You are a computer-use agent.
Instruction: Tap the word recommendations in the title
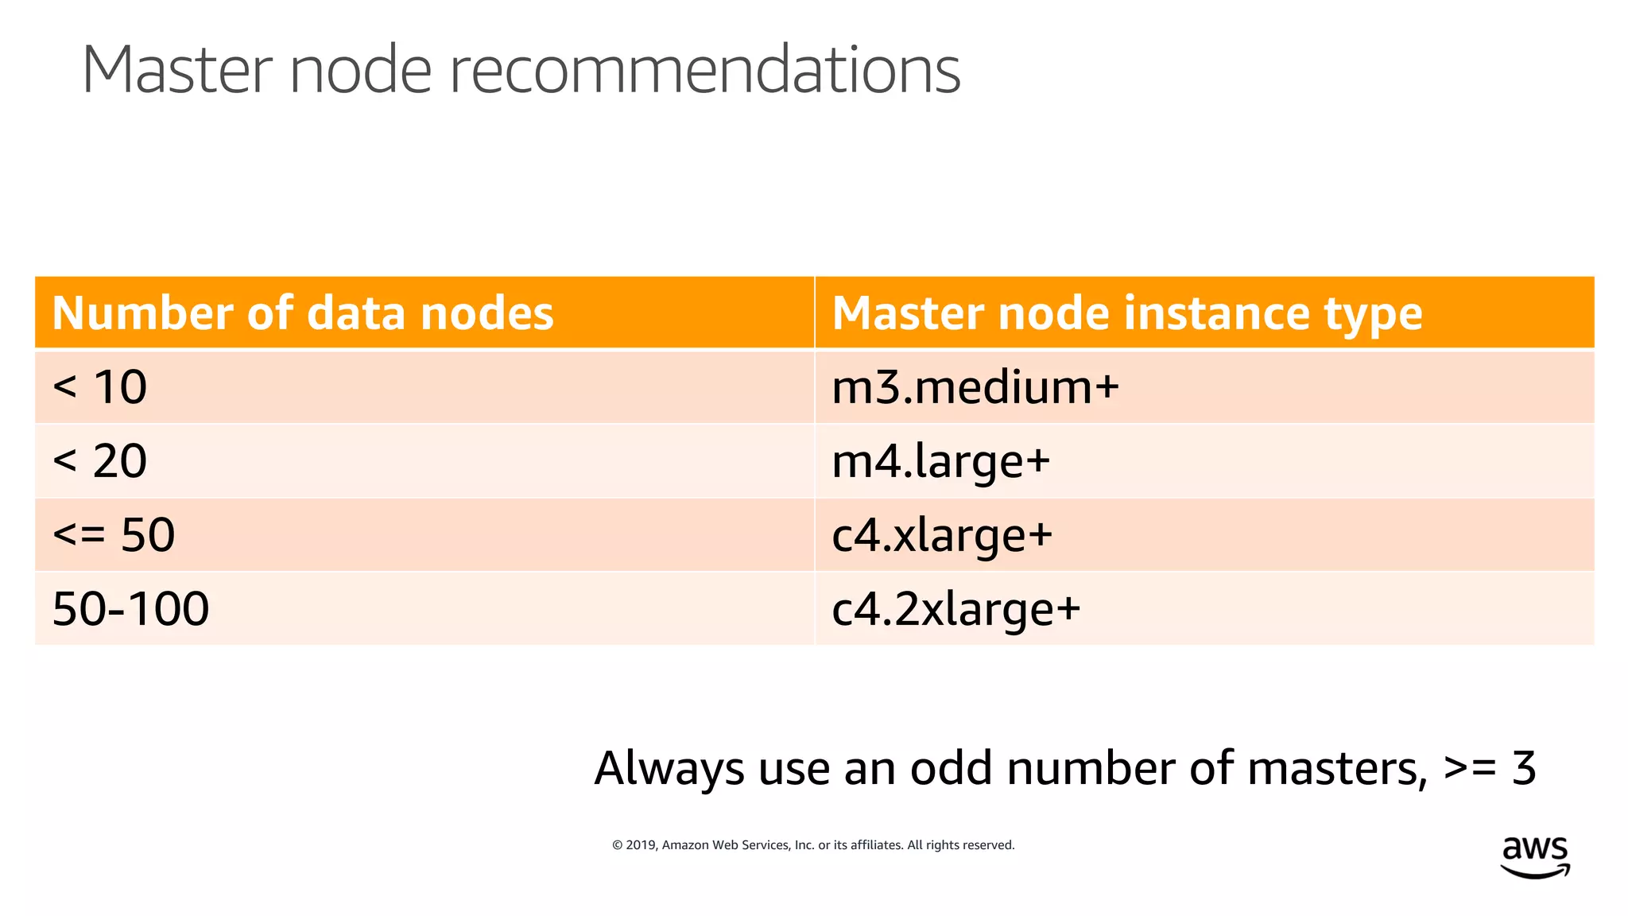pyautogui.click(x=705, y=70)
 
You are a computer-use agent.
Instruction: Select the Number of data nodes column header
pyautogui.click(x=303, y=312)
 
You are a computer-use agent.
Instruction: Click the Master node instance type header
pyautogui.click(x=1126, y=312)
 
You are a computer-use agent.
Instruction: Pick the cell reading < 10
pyautogui.click(x=100, y=387)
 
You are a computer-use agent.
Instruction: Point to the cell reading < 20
pyautogui.click(x=100, y=461)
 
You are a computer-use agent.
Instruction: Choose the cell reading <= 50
pyautogui.click(x=114, y=535)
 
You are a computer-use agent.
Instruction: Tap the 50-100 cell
pyautogui.click(x=131, y=609)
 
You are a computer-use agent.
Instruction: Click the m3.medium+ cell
pyautogui.click(x=975, y=387)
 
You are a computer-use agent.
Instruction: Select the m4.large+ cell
pyautogui.click(x=941, y=461)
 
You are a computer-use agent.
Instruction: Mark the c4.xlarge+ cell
pyautogui.click(x=942, y=535)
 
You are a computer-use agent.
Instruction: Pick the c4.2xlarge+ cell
pyautogui.click(x=956, y=609)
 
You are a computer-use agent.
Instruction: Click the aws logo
pyautogui.click(x=1535, y=856)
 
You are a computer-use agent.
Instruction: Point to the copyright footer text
pyautogui.click(x=813, y=845)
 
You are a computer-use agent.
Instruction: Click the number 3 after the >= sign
pyautogui.click(x=1524, y=768)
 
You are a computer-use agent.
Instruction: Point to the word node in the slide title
pyautogui.click(x=360, y=70)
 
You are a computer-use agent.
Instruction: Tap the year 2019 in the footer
pyautogui.click(x=641, y=845)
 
